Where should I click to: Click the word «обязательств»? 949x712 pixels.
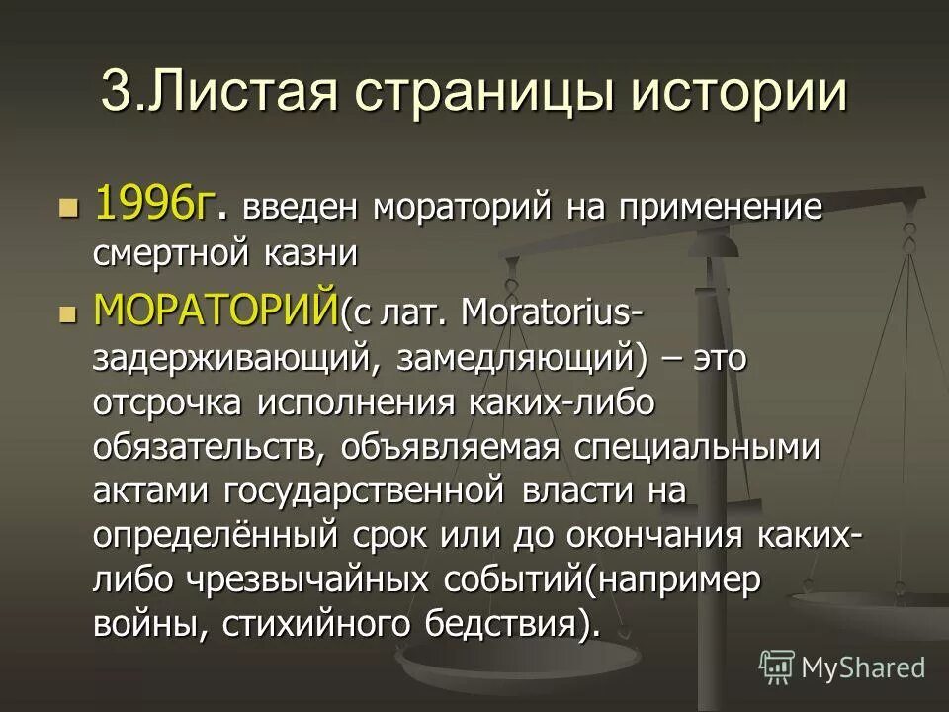tap(205, 448)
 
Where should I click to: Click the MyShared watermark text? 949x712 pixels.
tap(863, 667)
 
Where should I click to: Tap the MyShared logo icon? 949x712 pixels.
tap(777, 667)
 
